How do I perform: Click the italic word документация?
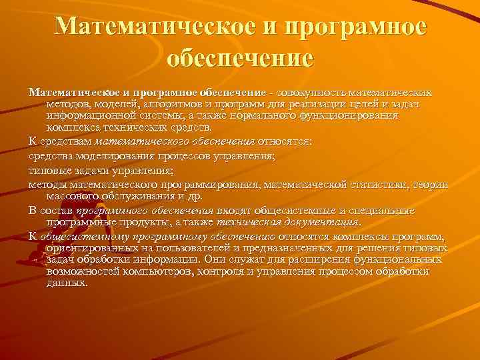click(323, 221)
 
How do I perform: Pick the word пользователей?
click(170, 248)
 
